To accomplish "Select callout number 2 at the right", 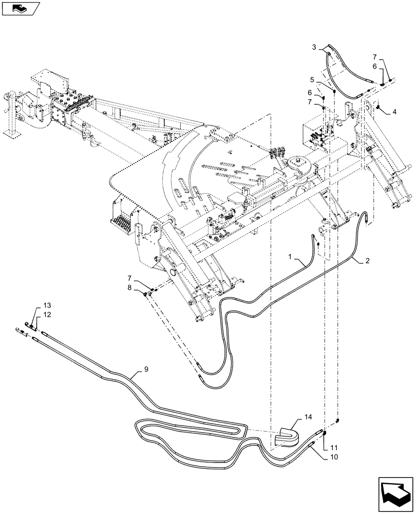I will coord(367,261).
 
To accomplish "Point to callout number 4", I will coord(394,111).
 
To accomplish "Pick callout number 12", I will coord(47,314).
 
